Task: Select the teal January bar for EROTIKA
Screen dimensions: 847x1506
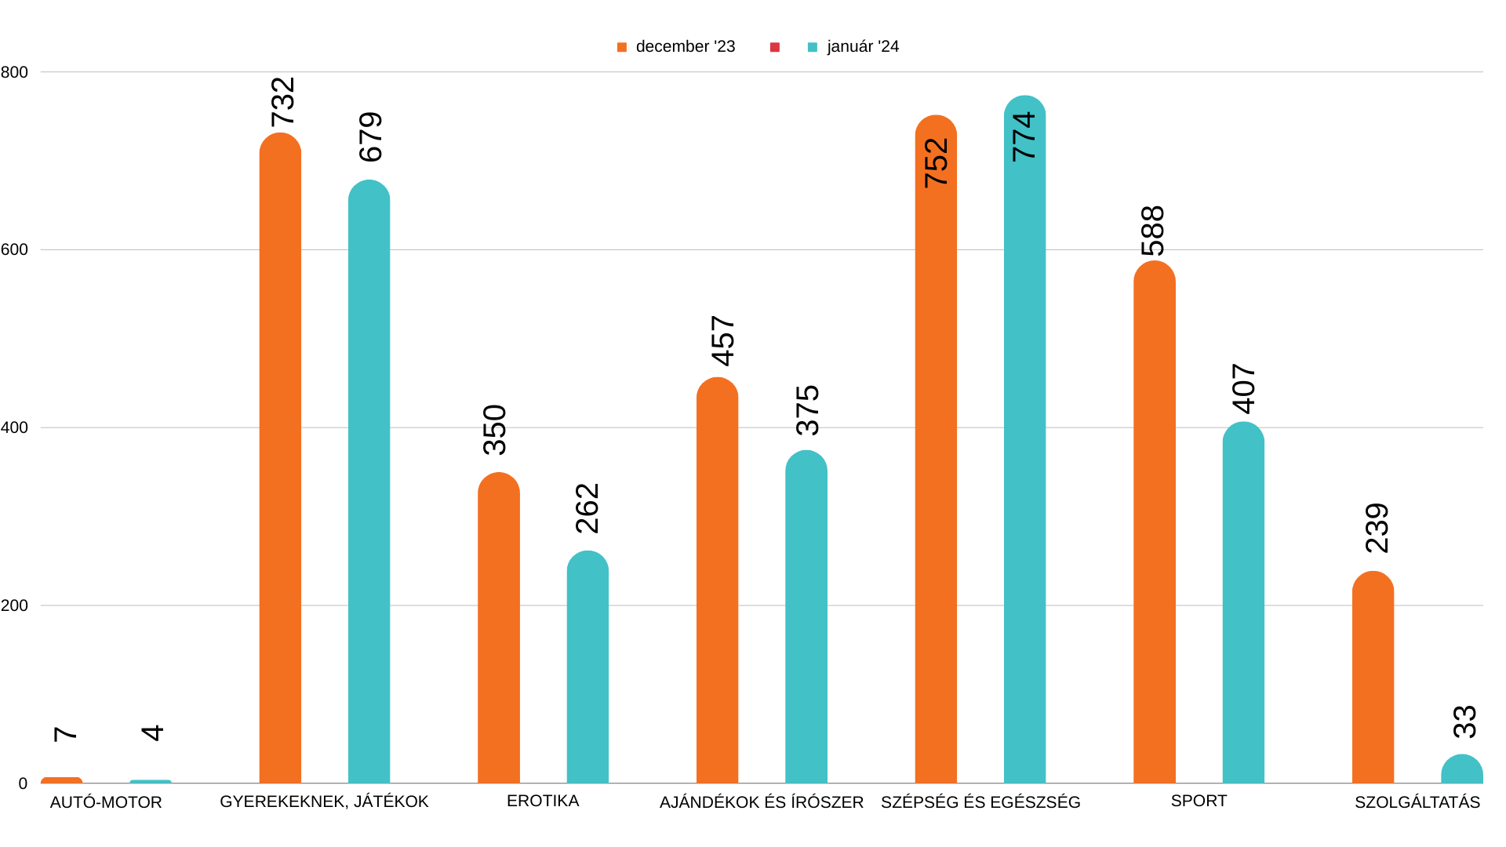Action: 587,667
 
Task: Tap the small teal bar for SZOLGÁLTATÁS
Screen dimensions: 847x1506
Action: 1461,770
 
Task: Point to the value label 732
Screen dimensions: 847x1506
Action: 282,102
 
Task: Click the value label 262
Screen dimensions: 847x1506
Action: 587,508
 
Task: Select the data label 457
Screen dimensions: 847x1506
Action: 722,341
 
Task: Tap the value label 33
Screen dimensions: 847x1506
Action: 1464,722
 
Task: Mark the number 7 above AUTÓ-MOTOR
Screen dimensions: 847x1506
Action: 65,734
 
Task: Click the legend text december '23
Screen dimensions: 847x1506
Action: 685,47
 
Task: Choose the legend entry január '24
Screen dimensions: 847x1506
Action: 862,47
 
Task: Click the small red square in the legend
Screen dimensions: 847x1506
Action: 775,47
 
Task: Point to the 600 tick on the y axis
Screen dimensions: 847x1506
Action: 14,250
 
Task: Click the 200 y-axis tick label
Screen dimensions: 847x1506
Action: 14,605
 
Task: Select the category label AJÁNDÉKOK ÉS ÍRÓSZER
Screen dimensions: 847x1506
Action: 761,802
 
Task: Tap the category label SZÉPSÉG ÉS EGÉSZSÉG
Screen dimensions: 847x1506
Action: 980,802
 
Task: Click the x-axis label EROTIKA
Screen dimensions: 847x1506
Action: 543,801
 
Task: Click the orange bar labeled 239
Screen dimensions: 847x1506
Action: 1373,678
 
